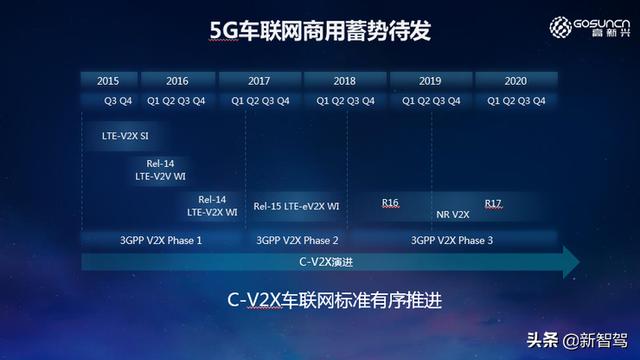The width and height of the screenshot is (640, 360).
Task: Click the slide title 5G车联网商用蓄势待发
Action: [x=319, y=31]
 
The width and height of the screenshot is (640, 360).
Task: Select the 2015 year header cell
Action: [x=110, y=80]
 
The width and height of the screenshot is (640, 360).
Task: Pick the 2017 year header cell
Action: [x=260, y=80]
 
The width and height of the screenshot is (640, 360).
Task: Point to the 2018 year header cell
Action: [x=345, y=80]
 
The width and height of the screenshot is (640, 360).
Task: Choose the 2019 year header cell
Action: [x=430, y=80]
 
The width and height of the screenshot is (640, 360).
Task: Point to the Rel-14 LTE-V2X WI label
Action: [x=212, y=205]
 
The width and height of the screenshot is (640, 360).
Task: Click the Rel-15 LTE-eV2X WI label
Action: [x=297, y=206]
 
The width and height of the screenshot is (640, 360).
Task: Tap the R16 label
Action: [x=390, y=203]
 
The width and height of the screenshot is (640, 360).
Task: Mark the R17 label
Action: [x=493, y=203]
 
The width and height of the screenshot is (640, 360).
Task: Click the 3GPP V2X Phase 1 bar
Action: [x=160, y=239]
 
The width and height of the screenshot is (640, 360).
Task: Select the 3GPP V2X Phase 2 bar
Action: [x=297, y=239]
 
